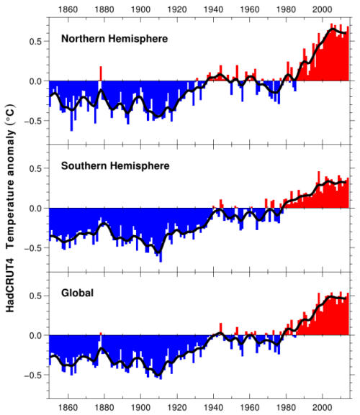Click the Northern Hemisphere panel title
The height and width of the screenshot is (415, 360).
pyautogui.click(x=114, y=39)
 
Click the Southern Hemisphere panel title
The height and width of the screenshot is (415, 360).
pyautogui.click(x=115, y=166)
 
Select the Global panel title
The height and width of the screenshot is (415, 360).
pyautogui.click(x=77, y=293)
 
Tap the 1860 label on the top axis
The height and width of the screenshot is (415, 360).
pyautogui.click(x=68, y=9)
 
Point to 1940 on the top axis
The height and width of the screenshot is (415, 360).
pyautogui.click(x=213, y=9)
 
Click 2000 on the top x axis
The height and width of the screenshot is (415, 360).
pyautogui.click(x=322, y=9)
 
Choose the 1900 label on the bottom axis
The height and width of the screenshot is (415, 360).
pyautogui.click(x=140, y=408)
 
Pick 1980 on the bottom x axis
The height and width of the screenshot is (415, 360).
pyautogui.click(x=286, y=408)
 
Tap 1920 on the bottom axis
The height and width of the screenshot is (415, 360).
pyautogui.click(x=177, y=408)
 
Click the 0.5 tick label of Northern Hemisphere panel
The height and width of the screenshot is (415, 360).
pyautogui.click(x=36, y=42)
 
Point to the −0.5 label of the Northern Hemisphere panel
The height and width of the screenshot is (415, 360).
pyautogui.click(x=33, y=121)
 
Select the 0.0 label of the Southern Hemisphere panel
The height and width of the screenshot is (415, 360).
pyautogui.click(x=36, y=209)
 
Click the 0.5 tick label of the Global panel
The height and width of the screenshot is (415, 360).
pyautogui.click(x=36, y=296)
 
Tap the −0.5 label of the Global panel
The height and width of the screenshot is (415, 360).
pyautogui.click(x=33, y=375)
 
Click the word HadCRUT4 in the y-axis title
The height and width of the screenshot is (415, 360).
pyautogui.click(x=10, y=285)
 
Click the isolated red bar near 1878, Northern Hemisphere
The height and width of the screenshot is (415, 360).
pyautogui.click(x=101, y=73)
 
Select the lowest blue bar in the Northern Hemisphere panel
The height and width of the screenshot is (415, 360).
pyautogui.click(x=71, y=106)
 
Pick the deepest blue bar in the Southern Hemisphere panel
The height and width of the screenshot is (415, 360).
pyautogui.click(x=161, y=235)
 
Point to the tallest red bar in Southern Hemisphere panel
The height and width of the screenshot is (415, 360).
pyautogui.click(x=319, y=189)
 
